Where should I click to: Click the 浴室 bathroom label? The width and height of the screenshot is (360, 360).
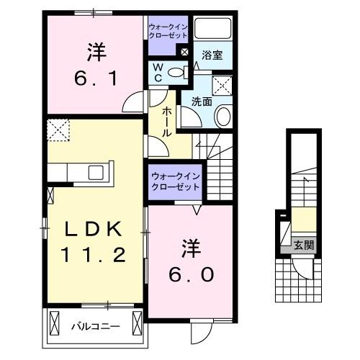pyautogui.click(x=211, y=55)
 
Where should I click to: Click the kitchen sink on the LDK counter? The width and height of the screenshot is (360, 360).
pyautogui.click(x=95, y=172)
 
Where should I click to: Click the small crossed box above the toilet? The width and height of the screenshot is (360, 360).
pyautogui.click(x=184, y=52)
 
